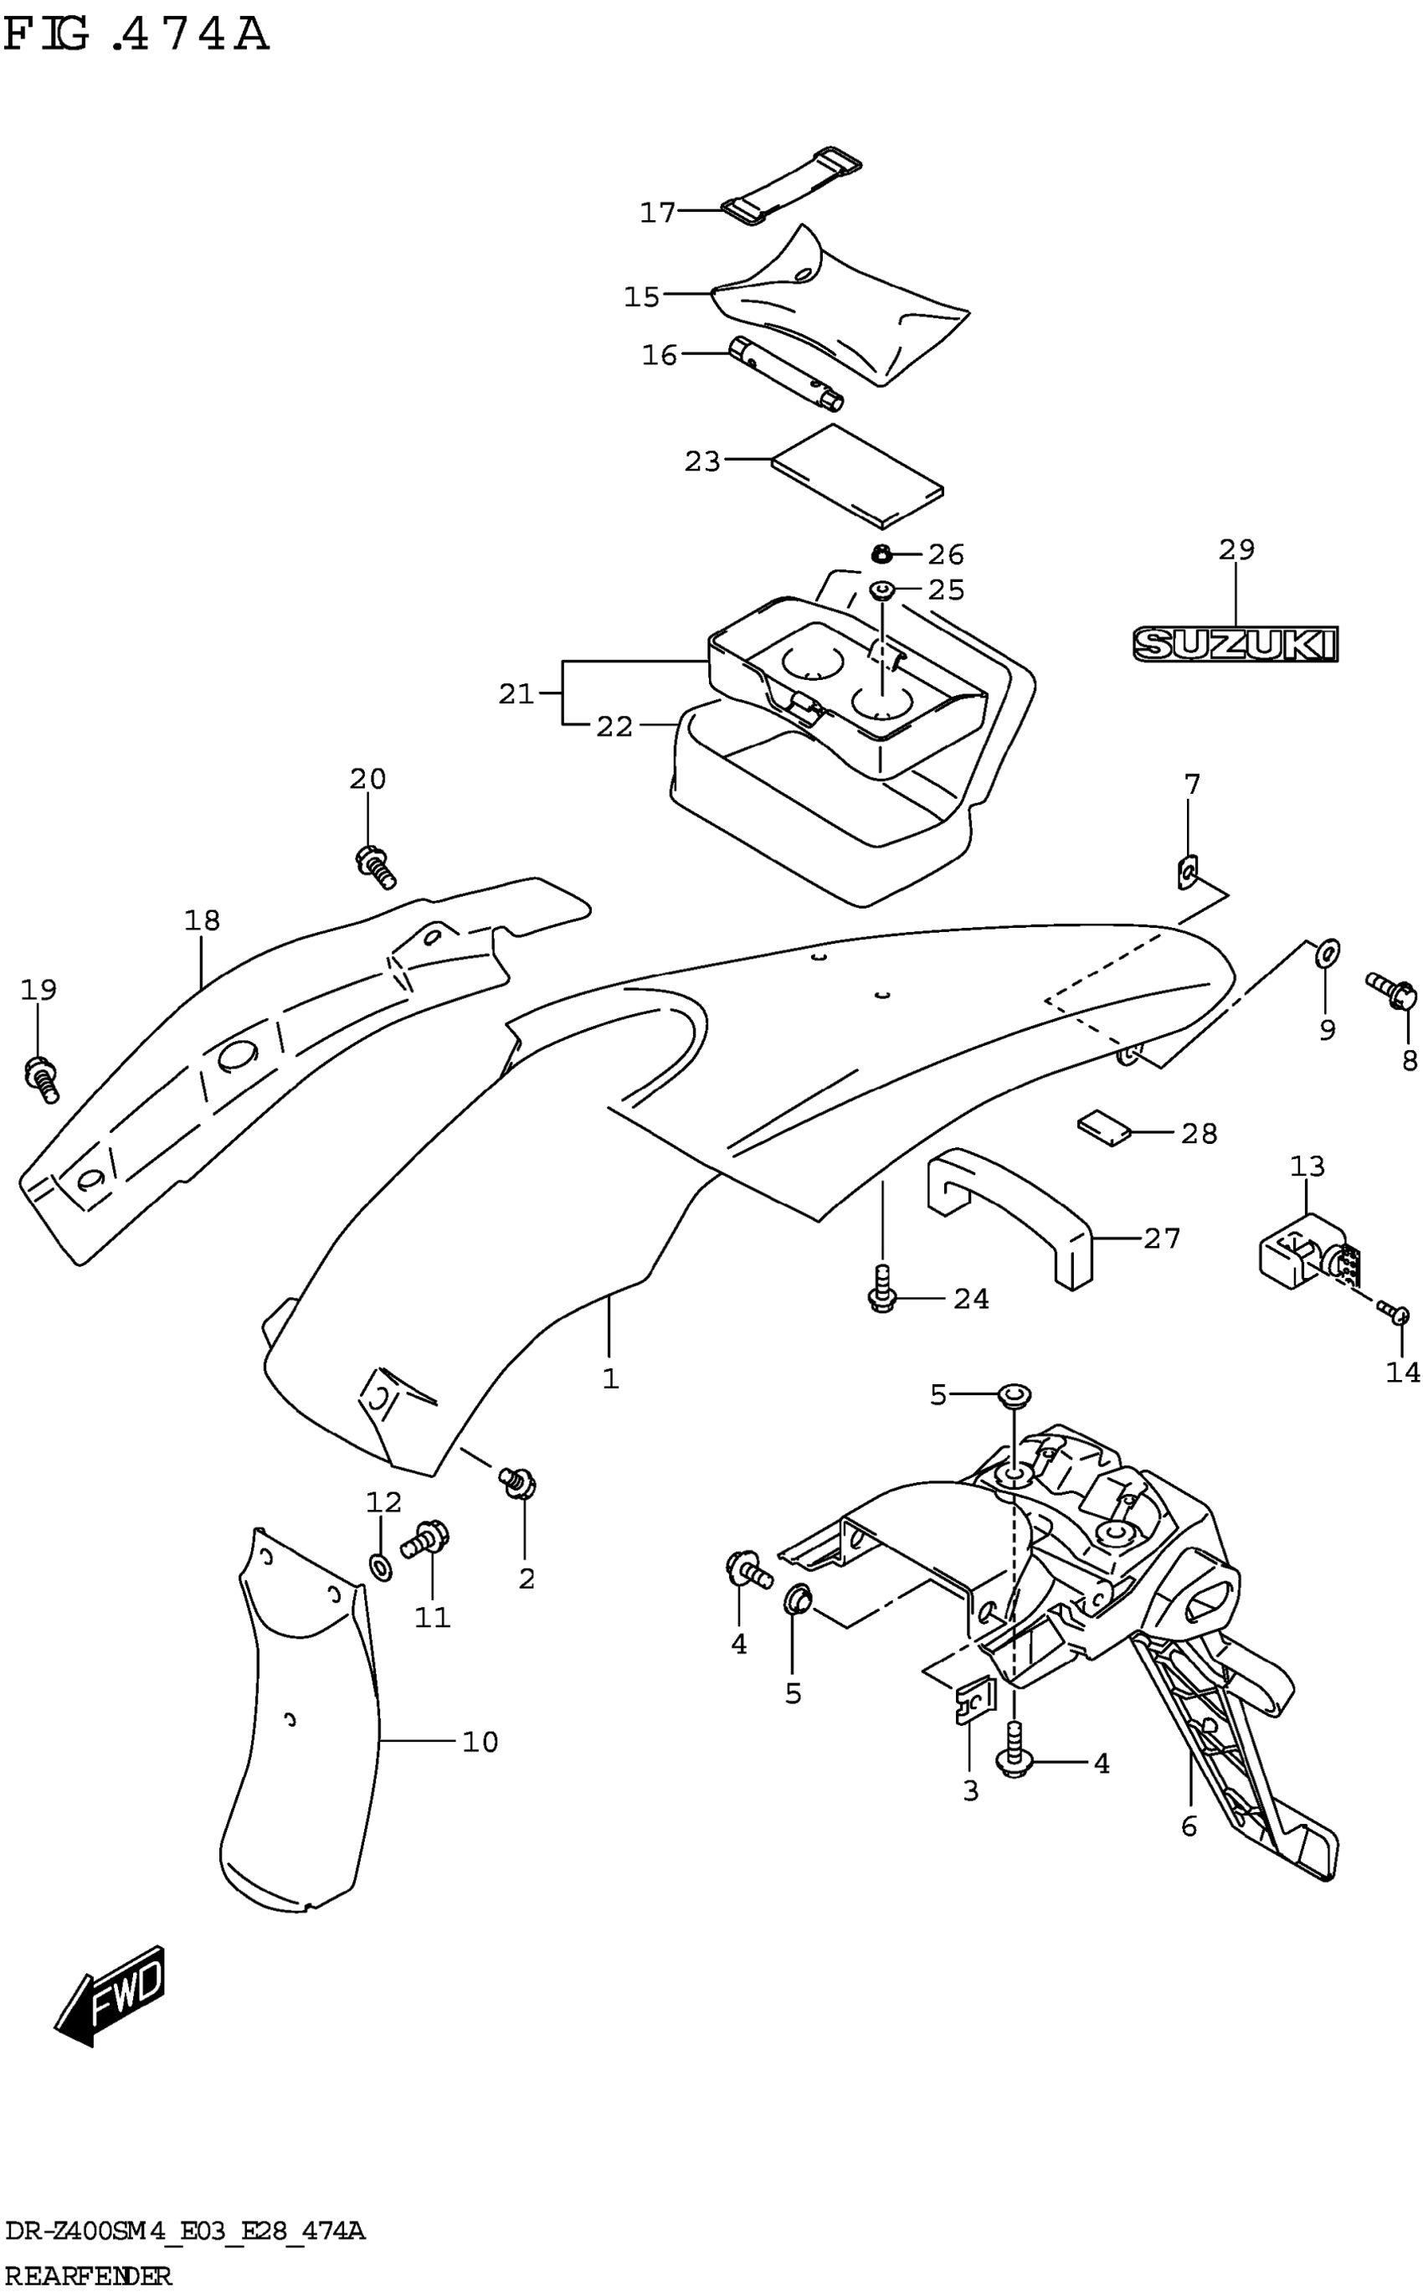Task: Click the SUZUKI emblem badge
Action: (x=1235, y=645)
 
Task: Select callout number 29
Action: (x=1236, y=549)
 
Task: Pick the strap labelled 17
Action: (x=790, y=187)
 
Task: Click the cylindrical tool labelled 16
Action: (x=786, y=373)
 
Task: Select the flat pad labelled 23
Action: (x=856, y=476)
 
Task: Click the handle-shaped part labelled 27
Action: (x=1012, y=1214)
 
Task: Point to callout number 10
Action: (x=480, y=1743)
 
